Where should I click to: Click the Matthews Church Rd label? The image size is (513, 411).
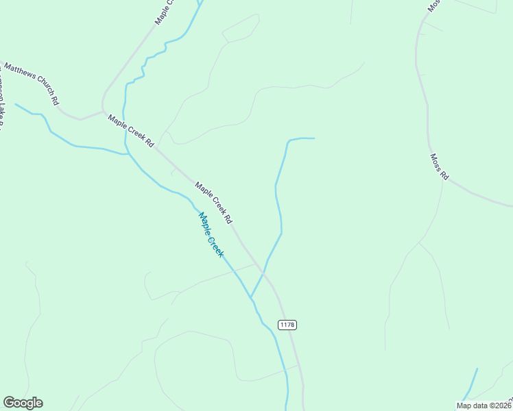point(32,84)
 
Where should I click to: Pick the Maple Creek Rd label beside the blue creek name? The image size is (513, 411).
point(214,203)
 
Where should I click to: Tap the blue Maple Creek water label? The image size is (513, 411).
point(211,235)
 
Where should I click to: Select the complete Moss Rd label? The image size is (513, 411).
point(439,166)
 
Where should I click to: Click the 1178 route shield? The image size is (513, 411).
point(288,324)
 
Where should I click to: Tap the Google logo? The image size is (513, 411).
point(23,403)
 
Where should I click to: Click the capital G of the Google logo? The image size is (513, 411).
point(9,402)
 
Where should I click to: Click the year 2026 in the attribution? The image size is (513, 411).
point(502,405)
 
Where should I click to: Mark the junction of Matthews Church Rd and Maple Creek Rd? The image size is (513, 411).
point(103,112)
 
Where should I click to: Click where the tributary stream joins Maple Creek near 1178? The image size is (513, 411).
point(251,298)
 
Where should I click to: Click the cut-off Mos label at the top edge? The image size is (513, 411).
point(433,5)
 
